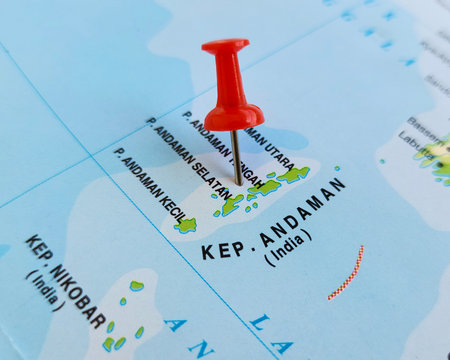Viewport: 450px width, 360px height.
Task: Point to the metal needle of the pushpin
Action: pos(236,158)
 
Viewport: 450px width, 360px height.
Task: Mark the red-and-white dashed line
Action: pos(346,273)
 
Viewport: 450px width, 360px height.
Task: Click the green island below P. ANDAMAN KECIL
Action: pos(185,225)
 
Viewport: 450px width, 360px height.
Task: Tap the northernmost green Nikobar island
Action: pos(136,286)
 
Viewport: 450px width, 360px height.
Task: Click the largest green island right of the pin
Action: pos(293,174)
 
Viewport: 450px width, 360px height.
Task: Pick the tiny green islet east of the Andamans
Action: pos(337,169)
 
